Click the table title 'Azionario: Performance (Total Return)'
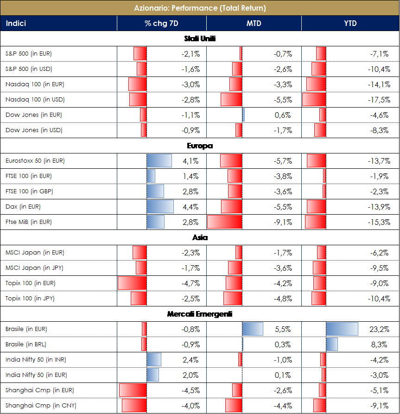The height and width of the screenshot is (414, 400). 200,8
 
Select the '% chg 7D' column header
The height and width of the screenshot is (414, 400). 161,23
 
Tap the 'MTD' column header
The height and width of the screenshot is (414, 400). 254,23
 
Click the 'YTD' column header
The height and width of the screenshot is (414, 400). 350,23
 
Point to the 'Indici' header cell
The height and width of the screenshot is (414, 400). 17,23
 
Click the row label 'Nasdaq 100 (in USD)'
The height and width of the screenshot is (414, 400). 35,100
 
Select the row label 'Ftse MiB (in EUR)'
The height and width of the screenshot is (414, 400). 28,222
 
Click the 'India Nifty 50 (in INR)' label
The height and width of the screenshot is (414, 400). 35,360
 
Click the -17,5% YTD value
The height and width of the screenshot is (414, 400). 380,100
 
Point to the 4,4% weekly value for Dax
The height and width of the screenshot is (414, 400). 191,207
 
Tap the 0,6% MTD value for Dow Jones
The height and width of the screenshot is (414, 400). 283,115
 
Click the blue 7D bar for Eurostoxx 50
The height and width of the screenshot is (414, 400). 159,161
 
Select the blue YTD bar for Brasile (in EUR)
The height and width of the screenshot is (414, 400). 342,329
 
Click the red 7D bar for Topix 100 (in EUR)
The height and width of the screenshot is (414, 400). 132,283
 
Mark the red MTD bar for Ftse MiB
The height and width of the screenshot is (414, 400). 224,222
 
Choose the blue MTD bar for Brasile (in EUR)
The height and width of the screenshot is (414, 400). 253,329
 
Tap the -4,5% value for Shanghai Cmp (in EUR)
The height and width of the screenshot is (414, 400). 190,390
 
